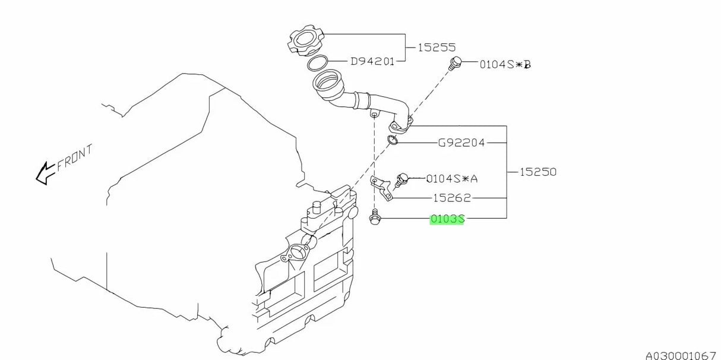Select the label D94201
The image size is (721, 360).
pyautogui.click(x=372, y=61)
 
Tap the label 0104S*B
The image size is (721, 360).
pyautogui.click(x=505, y=64)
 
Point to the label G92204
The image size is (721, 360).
pyautogui.click(x=461, y=143)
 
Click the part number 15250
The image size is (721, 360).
pyautogui.click(x=538, y=172)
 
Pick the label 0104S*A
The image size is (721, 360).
pyautogui.click(x=452, y=178)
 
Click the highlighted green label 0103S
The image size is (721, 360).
pyautogui.click(x=447, y=219)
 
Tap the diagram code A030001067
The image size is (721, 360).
pyautogui.click(x=680, y=355)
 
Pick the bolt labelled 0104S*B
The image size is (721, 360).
pyautogui.click(x=456, y=63)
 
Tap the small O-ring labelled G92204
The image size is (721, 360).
pyautogui.click(x=392, y=140)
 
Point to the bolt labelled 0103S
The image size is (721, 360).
pyautogui.click(x=374, y=219)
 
